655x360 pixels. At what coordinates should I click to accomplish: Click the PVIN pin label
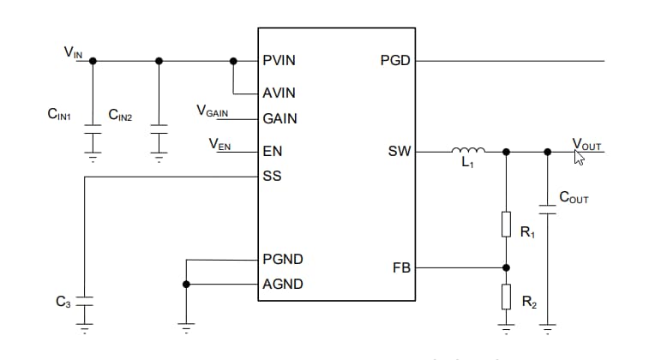click(x=279, y=62)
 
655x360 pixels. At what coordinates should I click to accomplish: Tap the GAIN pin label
click(x=279, y=119)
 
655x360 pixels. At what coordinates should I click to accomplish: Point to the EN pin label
click(x=272, y=152)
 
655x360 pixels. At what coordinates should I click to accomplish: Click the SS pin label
click(x=272, y=177)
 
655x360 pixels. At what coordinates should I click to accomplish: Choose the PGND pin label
click(x=282, y=259)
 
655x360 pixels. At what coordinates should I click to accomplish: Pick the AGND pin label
click(x=282, y=285)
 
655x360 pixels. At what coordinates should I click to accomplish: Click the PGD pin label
click(x=395, y=62)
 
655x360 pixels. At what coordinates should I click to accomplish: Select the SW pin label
click(x=400, y=152)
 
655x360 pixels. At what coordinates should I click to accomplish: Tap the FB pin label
click(x=401, y=268)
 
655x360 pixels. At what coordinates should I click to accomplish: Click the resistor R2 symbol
click(x=506, y=297)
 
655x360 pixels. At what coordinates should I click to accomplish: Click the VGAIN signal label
click(x=213, y=111)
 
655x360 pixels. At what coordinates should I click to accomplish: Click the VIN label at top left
click(x=73, y=52)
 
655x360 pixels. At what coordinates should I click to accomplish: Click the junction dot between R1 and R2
click(x=506, y=267)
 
